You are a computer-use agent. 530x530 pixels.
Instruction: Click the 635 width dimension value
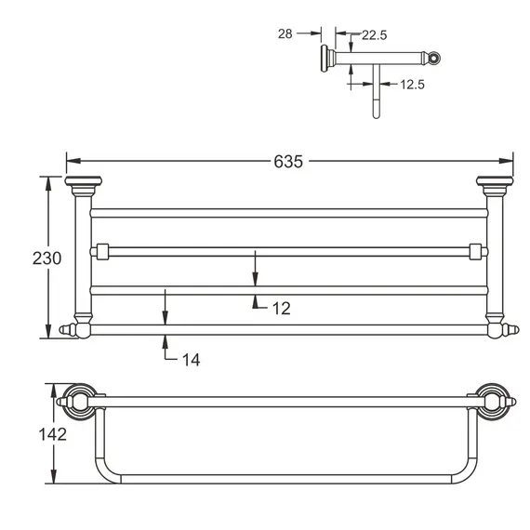288,161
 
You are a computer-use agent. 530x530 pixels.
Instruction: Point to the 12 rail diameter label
281,308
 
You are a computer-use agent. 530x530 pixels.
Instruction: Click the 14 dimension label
190,359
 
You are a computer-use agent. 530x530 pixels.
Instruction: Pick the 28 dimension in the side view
285,33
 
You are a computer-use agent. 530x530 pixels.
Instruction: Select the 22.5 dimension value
375,35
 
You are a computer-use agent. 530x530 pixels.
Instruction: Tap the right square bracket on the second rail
476,250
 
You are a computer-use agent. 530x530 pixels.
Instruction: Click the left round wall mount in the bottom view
77,403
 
